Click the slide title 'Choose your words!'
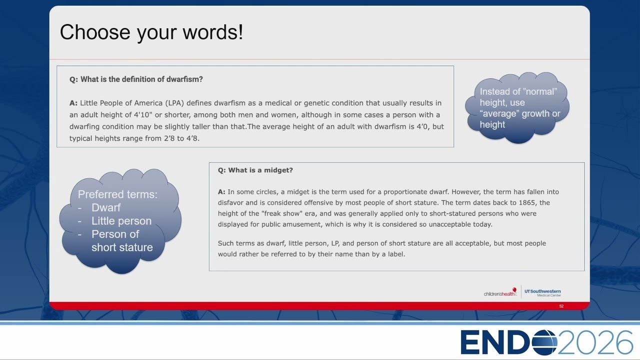click(151, 32)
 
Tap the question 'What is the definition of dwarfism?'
click(141, 79)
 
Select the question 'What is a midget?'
click(260, 170)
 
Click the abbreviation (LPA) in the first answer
click(174, 103)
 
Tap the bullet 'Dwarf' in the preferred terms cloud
click(106, 207)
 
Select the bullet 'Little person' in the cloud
click(121, 221)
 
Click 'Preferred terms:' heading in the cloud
click(117, 194)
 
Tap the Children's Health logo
click(500, 292)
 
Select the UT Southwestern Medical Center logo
click(542, 292)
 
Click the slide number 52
click(561, 306)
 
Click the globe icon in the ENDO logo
click(544, 342)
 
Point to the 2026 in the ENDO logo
click(595, 342)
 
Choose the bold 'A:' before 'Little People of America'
click(73, 103)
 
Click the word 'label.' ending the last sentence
click(396, 254)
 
